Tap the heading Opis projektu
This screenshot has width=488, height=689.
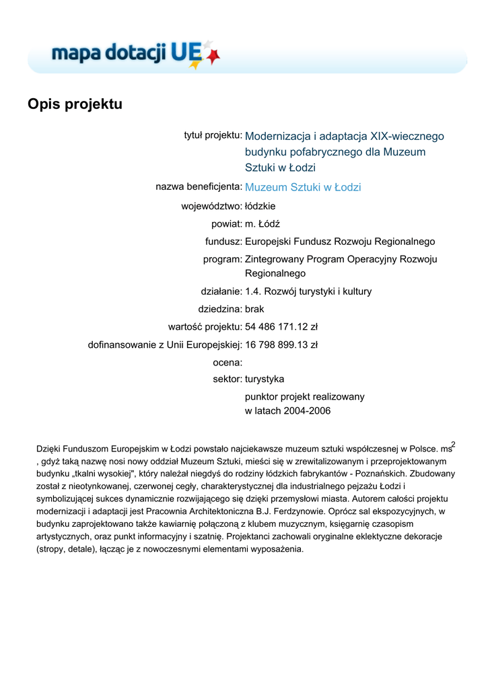click(x=75, y=104)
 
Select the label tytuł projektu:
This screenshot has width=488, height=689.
click(x=213, y=135)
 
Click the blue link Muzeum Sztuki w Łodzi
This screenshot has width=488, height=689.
click(x=303, y=187)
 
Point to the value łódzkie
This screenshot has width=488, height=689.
click(x=260, y=206)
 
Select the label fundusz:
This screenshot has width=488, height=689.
click(x=223, y=242)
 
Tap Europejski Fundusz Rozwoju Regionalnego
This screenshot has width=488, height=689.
click(x=340, y=242)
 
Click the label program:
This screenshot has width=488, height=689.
click(x=223, y=259)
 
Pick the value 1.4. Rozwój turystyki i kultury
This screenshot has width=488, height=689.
click(x=308, y=291)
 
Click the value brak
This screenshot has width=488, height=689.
click(x=254, y=309)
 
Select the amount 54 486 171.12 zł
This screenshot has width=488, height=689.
click(x=281, y=327)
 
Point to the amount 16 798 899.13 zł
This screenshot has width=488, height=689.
click(x=281, y=344)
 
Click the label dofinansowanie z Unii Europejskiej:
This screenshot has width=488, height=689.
click(x=165, y=344)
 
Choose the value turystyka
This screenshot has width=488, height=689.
click(x=265, y=379)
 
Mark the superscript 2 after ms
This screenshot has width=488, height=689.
click(x=454, y=444)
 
